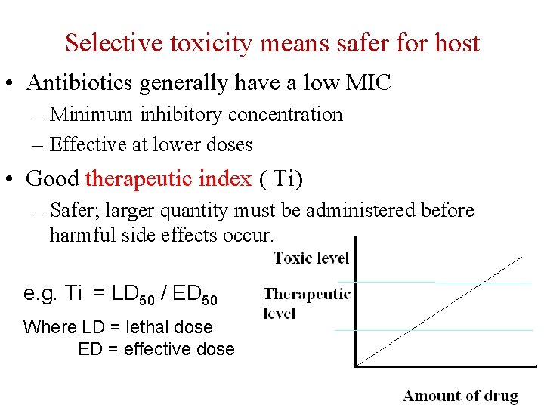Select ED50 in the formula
pyautogui.click(x=195, y=294)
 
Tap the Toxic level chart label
pyautogui.click(x=311, y=258)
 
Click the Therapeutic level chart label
pyautogui.click(x=307, y=303)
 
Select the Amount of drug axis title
pyautogui.click(x=460, y=396)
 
